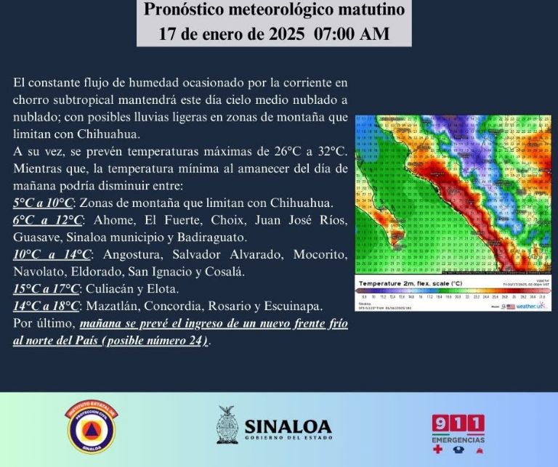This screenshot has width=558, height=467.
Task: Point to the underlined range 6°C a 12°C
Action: pos(47,219)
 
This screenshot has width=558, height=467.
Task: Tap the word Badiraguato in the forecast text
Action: pos(214,237)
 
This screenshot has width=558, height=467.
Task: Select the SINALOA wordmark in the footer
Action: pos(288,426)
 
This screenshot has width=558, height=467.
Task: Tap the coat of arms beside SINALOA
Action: pos(227,426)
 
